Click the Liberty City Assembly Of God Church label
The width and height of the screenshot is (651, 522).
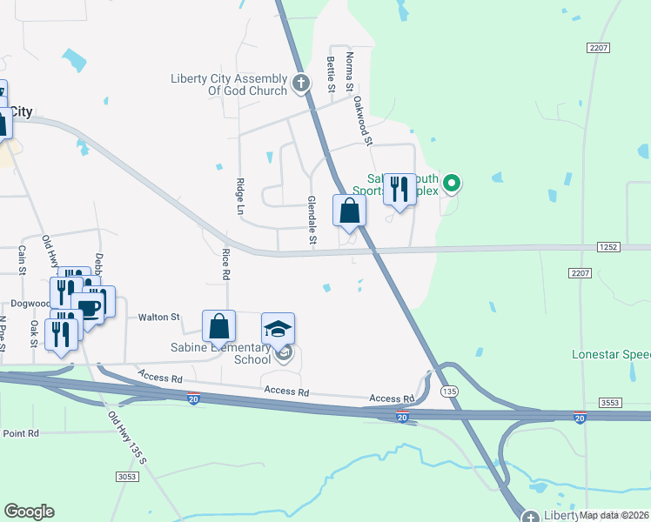click(229, 84)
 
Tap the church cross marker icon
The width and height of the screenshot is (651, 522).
click(301, 84)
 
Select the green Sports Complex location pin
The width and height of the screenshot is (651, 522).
click(451, 184)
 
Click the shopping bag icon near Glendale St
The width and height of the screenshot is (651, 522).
click(349, 211)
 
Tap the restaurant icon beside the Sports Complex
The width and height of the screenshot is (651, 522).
click(399, 189)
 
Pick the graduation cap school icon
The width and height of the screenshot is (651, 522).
click(278, 330)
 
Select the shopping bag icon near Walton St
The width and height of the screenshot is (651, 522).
click(219, 327)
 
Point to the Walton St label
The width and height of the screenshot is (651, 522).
click(158, 318)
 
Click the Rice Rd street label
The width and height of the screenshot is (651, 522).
click(225, 264)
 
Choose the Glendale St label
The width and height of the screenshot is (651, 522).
click(312, 218)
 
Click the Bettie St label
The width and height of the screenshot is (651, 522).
click(331, 74)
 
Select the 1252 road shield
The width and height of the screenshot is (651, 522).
click(608, 248)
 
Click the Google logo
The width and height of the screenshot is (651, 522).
click(29, 512)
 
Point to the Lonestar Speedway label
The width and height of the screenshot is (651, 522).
click(611, 355)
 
